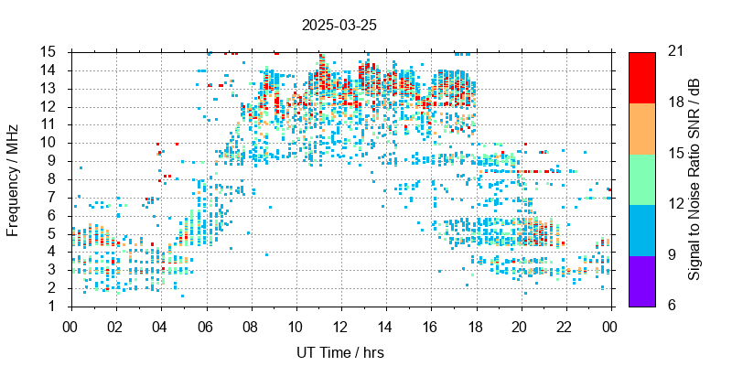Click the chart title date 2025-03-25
point(338,25)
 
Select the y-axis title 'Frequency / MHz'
point(14,178)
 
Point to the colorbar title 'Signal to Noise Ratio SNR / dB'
point(694,178)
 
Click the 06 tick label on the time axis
point(205,326)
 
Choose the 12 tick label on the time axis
point(340,326)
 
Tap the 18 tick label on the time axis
point(475,326)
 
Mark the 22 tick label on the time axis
point(565,326)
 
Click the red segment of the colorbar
point(641,77)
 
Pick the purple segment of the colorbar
point(641,280)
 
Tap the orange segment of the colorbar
point(641,127)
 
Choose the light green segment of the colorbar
point(641,178)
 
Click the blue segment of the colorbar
point(641,229)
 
